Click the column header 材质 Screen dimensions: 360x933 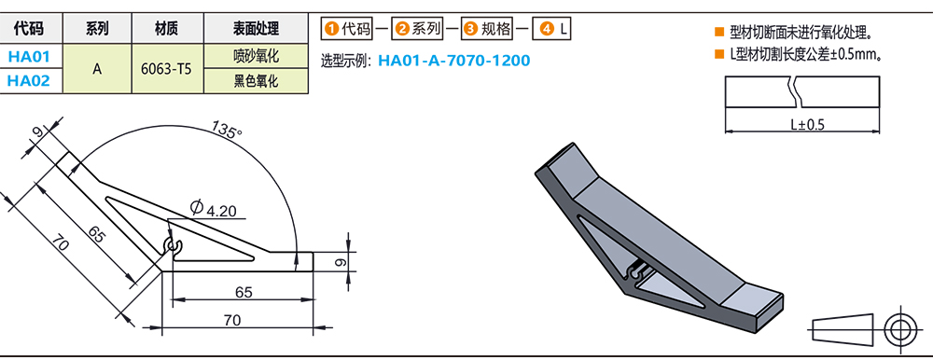click(x=165, y=29)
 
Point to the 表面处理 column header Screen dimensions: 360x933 click(x=255, y=29)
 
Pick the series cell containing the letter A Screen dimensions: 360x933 click(x=97, y=68)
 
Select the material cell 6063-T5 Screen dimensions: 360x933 click(x=165, y=68)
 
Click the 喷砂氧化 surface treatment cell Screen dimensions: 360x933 click(x=255, y=56)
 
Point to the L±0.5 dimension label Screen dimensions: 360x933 click(x=807, y=124)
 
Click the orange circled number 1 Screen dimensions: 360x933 click(x=330, y=29)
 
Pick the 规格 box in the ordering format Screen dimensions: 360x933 click(x=490, y=29)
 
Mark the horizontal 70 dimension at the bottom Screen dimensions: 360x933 click(x=233, y=320)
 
